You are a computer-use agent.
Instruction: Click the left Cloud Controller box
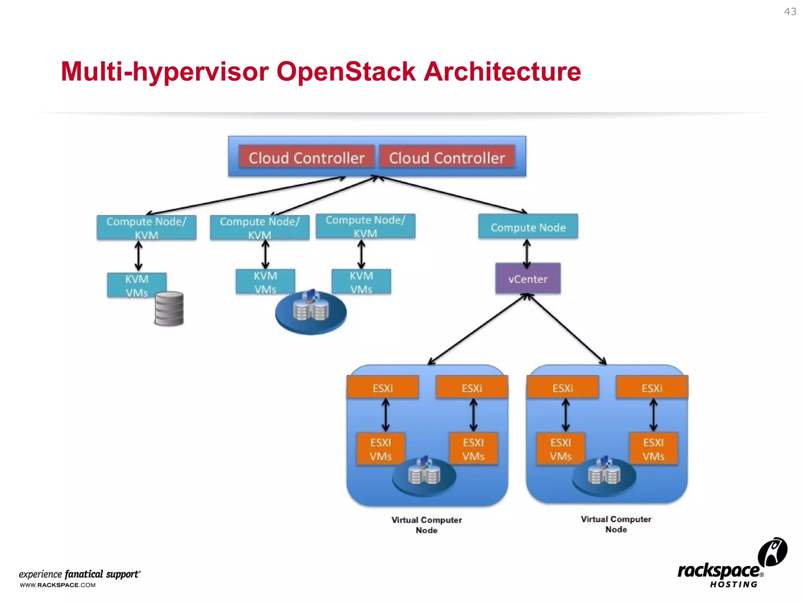click(306, 158)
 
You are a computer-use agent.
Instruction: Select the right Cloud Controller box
click(447, 158)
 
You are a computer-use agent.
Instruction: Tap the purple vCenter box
click(528, 279)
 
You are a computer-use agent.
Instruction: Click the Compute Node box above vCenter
click(528, 227)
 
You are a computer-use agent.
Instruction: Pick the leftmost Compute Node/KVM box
click(146, 227)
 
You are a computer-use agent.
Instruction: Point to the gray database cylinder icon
click(169, 309)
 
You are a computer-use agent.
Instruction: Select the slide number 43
click(790, 12)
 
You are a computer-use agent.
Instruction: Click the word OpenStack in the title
click(346, 72)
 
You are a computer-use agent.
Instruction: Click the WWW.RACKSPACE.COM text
click(58, 585)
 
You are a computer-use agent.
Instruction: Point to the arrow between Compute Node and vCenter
click(527, 254)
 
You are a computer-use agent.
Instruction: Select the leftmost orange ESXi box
click(382, 388)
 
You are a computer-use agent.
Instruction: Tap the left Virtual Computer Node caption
click(426, 525)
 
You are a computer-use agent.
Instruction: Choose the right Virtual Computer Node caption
click(616, 524)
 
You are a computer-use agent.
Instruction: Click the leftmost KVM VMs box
click(136, 285)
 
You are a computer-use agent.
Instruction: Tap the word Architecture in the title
click(502, 72)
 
